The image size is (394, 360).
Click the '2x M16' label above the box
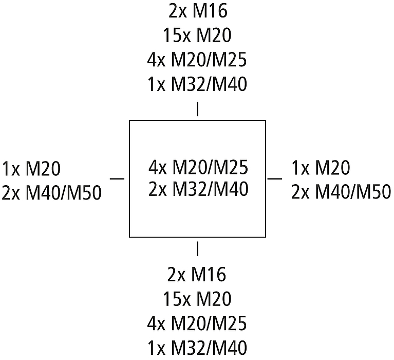click(197, 10)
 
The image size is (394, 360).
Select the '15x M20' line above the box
click(197, 35)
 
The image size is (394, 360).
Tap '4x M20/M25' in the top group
click(197, 60)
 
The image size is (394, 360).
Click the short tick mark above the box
click(197, 110)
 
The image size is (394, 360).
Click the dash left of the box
click(118, 178)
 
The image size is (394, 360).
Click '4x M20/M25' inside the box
click(198, 168)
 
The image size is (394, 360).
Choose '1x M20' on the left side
click(32, 168)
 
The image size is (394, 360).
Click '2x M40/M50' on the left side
click(52, 193)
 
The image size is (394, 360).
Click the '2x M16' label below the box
click(197, 275)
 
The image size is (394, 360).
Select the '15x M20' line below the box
click(197, 299)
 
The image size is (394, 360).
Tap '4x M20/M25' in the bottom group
click(197, 324)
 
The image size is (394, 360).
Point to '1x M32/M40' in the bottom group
click(197, 348)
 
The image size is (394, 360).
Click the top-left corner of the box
click(129, 121)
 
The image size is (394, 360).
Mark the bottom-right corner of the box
click(266, 237)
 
